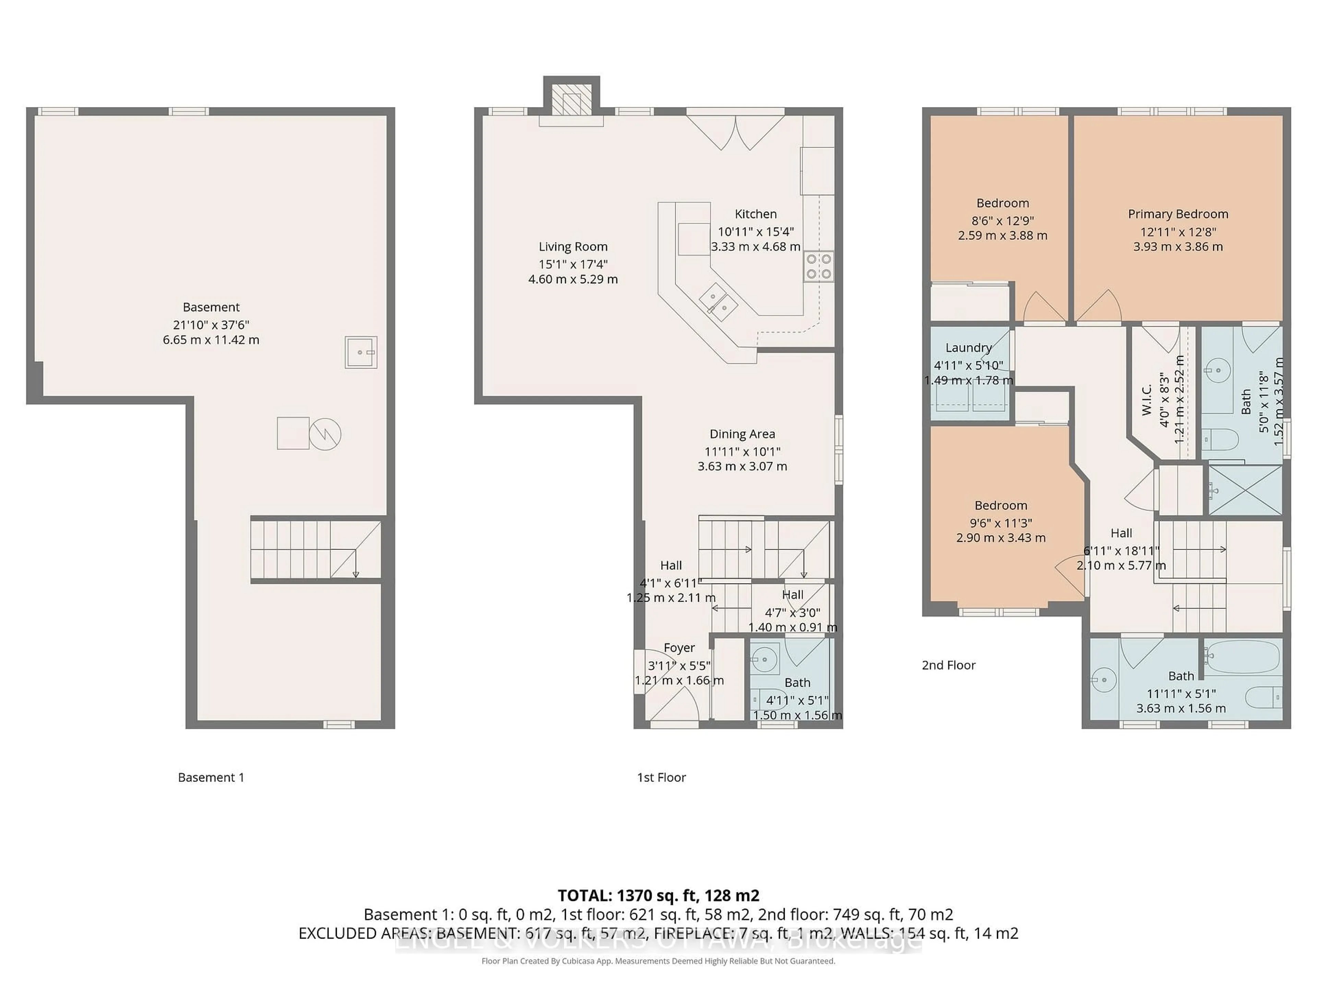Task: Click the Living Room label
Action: pos(573,247)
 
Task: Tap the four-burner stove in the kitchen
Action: pos(819,266)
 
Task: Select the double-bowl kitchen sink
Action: pos(718,302)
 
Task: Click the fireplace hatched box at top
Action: pos(571,99)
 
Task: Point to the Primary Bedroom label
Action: pos(1178,214)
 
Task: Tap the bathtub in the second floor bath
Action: pos(1242,658)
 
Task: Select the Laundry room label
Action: pos(968,348)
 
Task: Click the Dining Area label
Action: pos(742,434)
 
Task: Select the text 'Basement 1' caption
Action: pos(211,777)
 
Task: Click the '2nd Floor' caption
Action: pos(948,665)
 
